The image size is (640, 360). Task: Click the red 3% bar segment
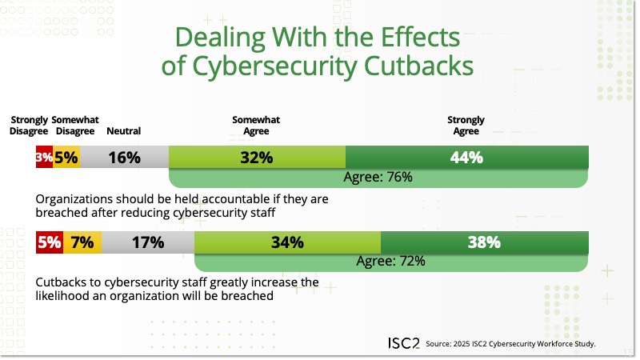tap(43, 158)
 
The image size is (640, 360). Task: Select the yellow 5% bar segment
tap(66, 158)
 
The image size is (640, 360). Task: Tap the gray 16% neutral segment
tap(124, 158)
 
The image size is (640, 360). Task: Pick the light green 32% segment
tap(257, 158)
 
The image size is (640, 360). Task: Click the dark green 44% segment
tap(467, 158)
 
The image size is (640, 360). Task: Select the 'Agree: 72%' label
tap(390, 261)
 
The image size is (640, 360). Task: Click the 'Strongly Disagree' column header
tap(29, 126)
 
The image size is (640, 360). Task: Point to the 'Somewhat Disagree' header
tap(74, 126)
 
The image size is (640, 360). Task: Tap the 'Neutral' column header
tap(123, 131)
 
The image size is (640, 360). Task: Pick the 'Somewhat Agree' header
tap(256, 126)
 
